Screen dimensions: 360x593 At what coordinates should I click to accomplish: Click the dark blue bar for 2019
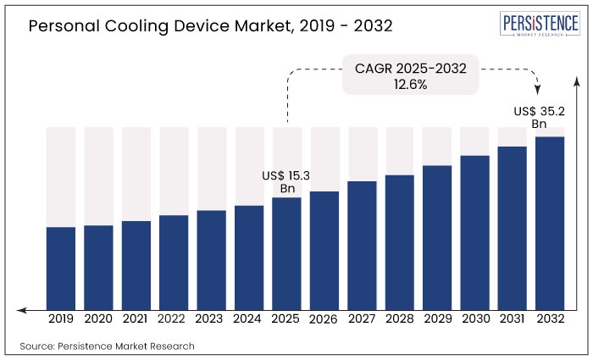(x=61, y=268)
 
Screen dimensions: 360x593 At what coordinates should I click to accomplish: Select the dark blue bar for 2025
(x=286, y=253)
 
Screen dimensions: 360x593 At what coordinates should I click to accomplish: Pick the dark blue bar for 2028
(x=400, y=242)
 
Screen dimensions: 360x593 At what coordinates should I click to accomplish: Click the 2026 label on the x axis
(x=324, y=319)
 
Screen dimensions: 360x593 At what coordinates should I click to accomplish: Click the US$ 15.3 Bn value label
(x=286, y=181)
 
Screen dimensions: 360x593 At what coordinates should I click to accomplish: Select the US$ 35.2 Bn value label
(x=540, y=117)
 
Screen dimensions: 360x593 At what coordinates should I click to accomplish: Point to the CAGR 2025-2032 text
(x=411, y=68)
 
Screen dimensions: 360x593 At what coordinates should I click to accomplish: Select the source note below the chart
(x=107, y=346)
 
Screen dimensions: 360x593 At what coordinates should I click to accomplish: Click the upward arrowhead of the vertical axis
(x=576, y=79)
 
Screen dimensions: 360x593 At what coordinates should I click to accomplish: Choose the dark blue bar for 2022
(x=174, y=262)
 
